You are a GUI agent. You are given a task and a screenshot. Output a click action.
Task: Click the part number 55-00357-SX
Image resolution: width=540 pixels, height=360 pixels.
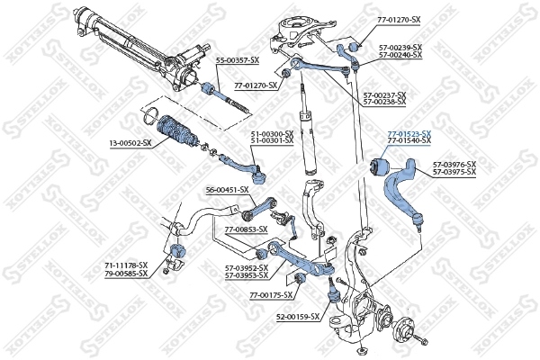pos(238,59)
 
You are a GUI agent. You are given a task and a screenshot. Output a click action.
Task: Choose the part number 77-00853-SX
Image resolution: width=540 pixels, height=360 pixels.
pos(247,229)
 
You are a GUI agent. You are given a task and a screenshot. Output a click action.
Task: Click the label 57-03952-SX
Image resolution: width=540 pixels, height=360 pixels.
pos(247,267)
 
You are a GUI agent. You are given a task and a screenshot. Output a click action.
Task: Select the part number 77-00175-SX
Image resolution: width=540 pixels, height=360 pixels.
pos(271,295)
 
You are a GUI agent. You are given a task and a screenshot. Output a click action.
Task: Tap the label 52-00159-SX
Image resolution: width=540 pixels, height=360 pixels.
pos(298,317)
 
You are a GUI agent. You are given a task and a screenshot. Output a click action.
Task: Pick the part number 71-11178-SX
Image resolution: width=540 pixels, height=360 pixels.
pos(126,265)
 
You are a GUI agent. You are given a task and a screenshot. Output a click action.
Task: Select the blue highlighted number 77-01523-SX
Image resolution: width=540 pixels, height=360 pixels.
pos(409,134)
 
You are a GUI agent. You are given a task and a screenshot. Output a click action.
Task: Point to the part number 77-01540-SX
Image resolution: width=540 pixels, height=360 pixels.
pos(409,142)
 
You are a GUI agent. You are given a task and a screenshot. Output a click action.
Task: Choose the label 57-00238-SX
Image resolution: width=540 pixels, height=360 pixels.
pos(383,103)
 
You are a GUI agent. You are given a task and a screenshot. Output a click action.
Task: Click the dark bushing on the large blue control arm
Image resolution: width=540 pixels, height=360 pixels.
pos(379,166)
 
